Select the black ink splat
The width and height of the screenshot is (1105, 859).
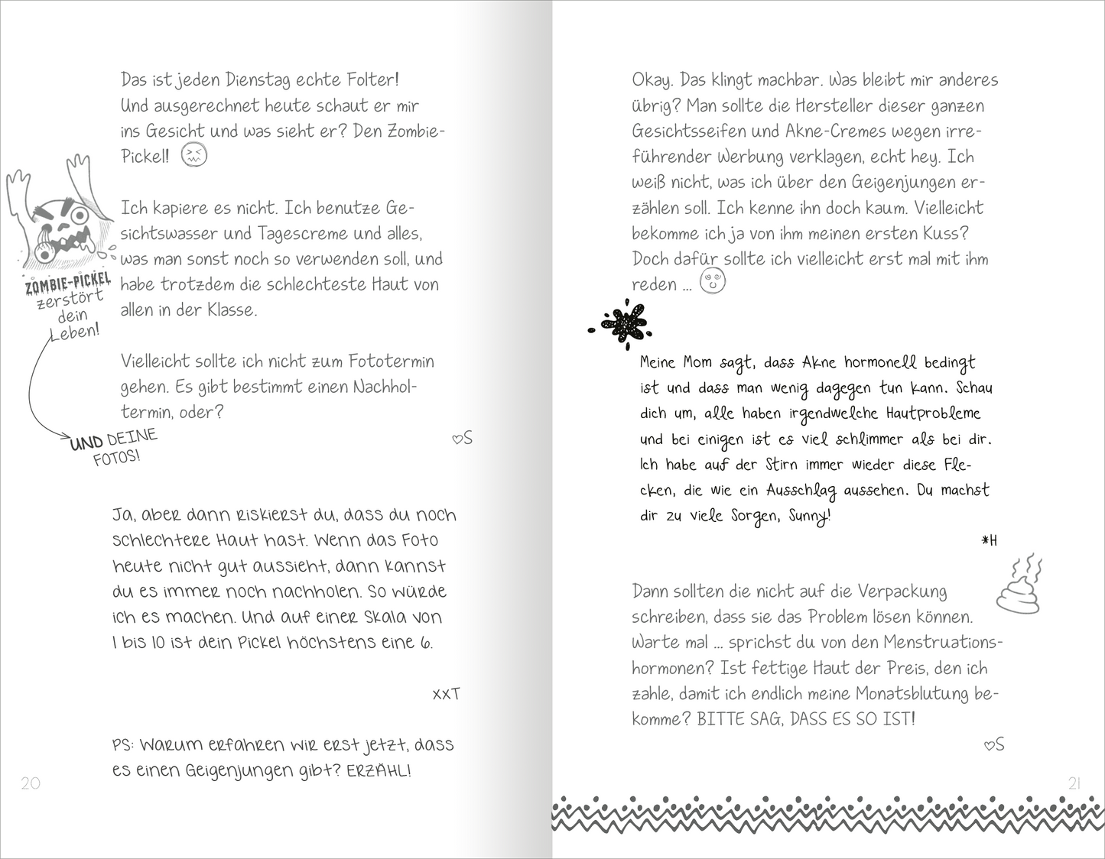pos(622,323)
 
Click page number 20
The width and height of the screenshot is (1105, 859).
pos(31,783)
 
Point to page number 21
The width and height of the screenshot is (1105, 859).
pos(1074,783)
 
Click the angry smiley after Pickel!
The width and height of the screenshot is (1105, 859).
pos(194,156)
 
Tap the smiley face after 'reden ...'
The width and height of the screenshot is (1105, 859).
pos(713,281)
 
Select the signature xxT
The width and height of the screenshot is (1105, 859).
pos(446,694)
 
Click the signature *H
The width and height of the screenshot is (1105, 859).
pos(990,541)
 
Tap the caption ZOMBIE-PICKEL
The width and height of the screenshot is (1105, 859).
pos(68,284)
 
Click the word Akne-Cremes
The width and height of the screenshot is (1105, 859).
pos(832,131)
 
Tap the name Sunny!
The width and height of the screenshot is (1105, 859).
pos(809,517)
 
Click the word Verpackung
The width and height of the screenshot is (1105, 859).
pos(902,592)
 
